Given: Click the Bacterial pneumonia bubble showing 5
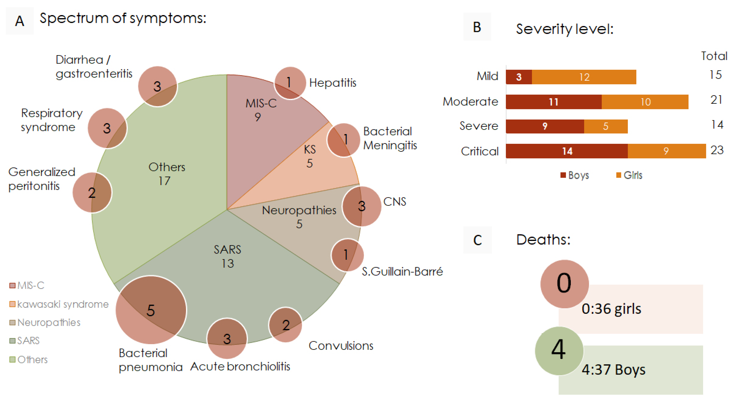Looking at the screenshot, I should click(151, 310).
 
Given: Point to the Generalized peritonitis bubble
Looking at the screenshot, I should click(92, 193).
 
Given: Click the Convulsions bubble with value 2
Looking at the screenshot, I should click(285, 325).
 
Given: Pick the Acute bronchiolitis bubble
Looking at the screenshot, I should click(227, 338).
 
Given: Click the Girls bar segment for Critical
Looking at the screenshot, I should click(666, 151).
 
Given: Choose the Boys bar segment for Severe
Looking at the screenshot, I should click(545, 126).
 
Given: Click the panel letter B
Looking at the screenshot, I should click(477, 27).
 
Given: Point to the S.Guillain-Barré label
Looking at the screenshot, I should click(402, 272).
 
